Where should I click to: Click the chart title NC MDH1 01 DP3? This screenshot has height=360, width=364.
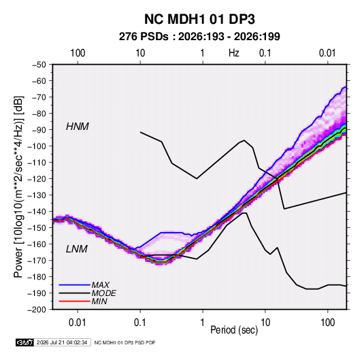199,19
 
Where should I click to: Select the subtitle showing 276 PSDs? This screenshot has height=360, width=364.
199,37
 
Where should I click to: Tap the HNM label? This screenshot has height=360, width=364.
78,127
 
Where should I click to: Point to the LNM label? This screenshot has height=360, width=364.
77,249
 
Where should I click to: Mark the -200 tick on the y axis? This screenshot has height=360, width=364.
37,310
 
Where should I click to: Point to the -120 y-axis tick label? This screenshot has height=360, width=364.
37,179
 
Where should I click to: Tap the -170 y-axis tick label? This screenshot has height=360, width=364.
37,261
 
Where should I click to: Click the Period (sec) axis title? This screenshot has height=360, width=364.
234,330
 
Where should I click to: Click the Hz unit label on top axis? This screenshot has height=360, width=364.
234,53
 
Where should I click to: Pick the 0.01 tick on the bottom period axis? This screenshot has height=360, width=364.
78,323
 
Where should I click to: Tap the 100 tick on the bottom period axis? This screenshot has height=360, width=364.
327,323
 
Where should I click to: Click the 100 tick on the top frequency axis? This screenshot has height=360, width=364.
78,53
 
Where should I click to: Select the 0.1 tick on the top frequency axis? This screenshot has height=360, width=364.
265,53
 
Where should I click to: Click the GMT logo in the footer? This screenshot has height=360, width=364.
25,342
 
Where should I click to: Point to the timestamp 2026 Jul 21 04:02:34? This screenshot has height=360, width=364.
62,342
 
